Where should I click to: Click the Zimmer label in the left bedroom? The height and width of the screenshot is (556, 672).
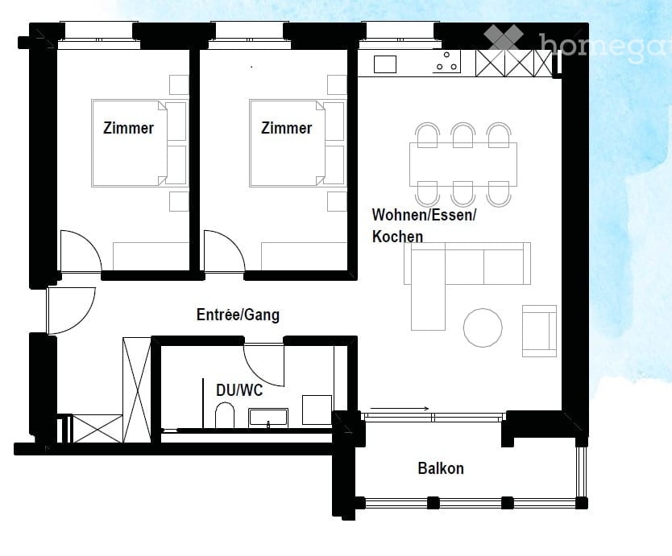click(128, 128)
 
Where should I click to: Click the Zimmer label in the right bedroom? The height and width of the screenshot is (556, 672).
click(286, 128)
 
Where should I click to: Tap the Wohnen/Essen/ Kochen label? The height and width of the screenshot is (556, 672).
click(424, 225)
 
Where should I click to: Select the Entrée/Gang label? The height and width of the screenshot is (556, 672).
click(238, 315)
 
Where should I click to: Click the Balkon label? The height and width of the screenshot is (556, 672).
click(441, 468)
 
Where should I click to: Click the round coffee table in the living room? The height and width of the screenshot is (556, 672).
click(483, 328)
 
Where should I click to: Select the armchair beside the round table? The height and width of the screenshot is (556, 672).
click(539, 330)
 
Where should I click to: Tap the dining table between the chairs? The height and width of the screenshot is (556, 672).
click(463, 164)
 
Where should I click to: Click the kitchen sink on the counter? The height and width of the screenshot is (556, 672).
click(385, 64)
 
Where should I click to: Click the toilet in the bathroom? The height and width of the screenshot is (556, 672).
click(226, 416)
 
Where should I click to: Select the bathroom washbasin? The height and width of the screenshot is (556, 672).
click(268, 417)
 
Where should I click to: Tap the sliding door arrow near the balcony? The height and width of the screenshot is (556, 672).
click(400, 409)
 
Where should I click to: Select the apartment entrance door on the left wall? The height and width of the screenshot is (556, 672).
click(71, 309)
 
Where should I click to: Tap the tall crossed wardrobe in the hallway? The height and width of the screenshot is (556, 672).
click(136, 389)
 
